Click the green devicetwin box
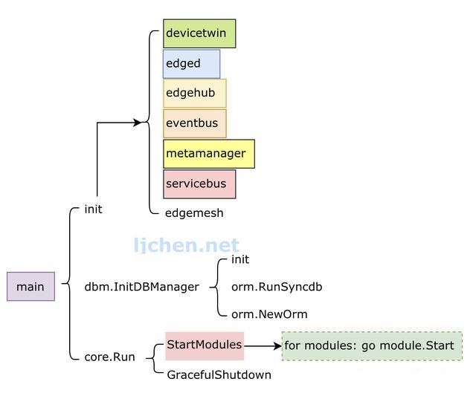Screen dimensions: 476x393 pyautogui.click(x=199, y=33)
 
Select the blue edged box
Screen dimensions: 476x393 pyautogui.click(x=192, y=64)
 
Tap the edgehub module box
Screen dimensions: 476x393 pyautogui.click(x=195, y=93)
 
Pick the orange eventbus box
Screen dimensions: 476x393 pyautogui.click(x=195, y=123)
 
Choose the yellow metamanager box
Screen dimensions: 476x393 pyautogui.click(x=209, y=154)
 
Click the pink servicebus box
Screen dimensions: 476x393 pyautogui.click(x=199, y=184)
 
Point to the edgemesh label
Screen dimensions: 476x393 pyautogui.click(x=194, y=213)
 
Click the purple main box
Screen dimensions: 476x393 pyautogui.click(x=31, y=287)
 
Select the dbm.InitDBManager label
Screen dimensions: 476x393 pyautogui.click(x=142, y=287)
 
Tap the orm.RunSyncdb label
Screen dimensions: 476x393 pyautogui.click(x=277, y=287)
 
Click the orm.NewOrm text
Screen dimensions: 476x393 pyautogui.click(x=269, y=314)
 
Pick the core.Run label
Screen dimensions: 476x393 pyautogui.click(x=109, y=357)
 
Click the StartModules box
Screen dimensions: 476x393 pyautogui.click(x=205, y=346)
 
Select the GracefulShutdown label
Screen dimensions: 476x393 pyautogui.click(x=219, y=375)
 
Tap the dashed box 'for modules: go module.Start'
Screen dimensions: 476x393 pyautogui.click(x=372, y=346)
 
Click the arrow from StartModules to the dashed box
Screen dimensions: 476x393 pyautogui.click(x=263, y=346)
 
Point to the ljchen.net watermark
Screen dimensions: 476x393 pyautogui.click(x=187, y=245)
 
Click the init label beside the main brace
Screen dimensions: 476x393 pyautogui.click(x=93, y=210)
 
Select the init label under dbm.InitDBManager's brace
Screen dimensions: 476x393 pyautogui.click(x=240, y=259)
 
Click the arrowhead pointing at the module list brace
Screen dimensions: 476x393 pyautogui.click(x=138, y=123)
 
